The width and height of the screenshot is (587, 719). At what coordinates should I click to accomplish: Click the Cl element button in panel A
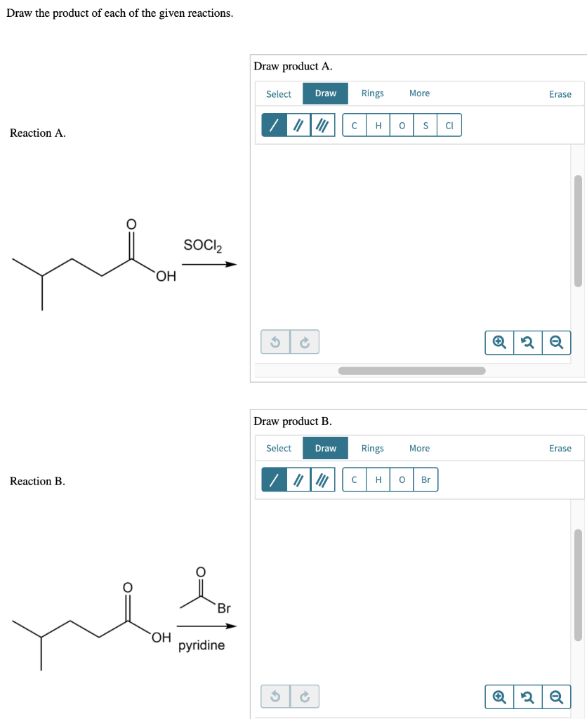point(449,126)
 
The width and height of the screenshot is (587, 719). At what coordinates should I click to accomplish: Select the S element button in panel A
point(426,126)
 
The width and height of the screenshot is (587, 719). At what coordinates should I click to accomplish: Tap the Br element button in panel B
point(426,480)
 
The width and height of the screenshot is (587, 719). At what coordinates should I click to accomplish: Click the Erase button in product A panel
point(560,94)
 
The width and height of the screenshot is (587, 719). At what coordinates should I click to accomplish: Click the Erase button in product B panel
point(560,448)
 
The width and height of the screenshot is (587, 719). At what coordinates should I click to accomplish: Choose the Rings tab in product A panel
point(372,93)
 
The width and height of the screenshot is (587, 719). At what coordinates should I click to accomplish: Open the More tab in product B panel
point(419,448)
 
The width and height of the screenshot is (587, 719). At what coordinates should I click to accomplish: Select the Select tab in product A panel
point(278,94)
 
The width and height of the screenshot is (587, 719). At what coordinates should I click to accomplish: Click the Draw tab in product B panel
point(325,448)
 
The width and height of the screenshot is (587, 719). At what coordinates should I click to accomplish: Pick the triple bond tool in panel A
point(322,126)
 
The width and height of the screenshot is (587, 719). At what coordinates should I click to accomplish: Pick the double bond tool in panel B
point(298,480)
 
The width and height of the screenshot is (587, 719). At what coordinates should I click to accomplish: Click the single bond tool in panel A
point(275,126)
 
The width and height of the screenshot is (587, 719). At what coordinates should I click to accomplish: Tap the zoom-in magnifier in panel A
point(499,342)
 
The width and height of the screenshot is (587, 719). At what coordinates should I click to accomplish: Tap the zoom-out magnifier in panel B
point(555,697)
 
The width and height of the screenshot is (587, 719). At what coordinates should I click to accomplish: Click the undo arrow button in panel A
point(276,342)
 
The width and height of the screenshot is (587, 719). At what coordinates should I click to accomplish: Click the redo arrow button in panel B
point(305,697)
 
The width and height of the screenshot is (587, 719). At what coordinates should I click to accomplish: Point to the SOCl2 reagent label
point(202,246)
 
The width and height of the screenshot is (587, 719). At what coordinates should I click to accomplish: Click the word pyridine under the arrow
point(202,645)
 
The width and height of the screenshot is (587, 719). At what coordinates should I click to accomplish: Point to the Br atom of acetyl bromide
point(223,608)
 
